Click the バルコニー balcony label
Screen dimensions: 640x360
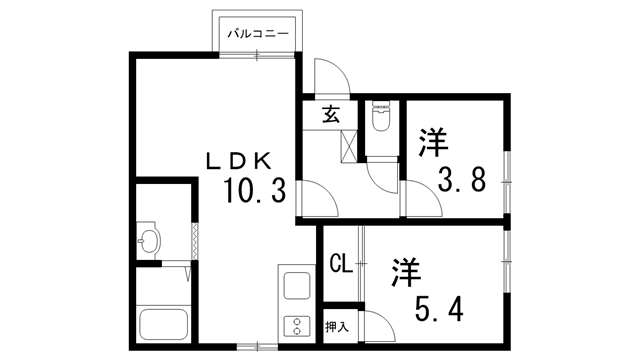[258, 33]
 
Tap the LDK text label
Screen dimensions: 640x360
[239, 161]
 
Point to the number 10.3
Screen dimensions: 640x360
[254, 191]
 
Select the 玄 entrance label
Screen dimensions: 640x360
[331, 114]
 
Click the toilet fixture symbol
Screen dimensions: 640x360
[381, 117]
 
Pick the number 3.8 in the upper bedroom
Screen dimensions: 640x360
[462, 180]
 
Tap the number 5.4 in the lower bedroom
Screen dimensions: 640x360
[439, 309]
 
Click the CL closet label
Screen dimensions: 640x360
[341, 264]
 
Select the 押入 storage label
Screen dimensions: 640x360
[337, 327]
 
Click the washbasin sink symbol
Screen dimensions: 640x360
[148, 240]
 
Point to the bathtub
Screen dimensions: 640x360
[164, 324]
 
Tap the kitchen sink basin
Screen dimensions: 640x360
[297, 285]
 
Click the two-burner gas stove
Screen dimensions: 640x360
[297, 325]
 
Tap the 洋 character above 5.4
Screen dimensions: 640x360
[407, 272]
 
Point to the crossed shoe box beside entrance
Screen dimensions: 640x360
[349, 146]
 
